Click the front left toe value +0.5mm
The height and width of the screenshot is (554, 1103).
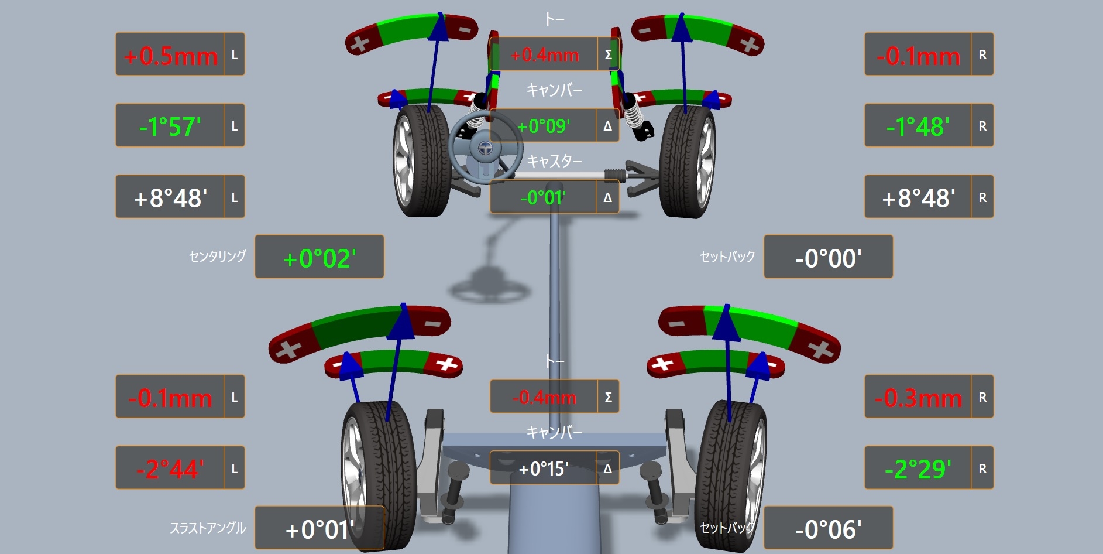(x=170, y=56)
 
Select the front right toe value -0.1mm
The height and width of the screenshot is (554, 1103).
(x=918, y=56)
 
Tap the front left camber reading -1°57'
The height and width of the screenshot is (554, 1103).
(x=170, y=126)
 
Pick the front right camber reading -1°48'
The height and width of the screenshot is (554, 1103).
(x=918, y=126)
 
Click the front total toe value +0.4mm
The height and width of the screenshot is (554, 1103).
(x=544, y=55)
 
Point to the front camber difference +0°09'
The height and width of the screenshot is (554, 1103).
(x=544, y=126)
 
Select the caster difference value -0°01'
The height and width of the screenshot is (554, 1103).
(x=543, y=197)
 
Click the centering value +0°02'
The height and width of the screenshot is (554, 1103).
(x=319, y=258)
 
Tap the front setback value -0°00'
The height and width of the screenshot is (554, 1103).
(x=828, y=258)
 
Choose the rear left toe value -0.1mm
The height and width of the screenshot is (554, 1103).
(x=170, y=398)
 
